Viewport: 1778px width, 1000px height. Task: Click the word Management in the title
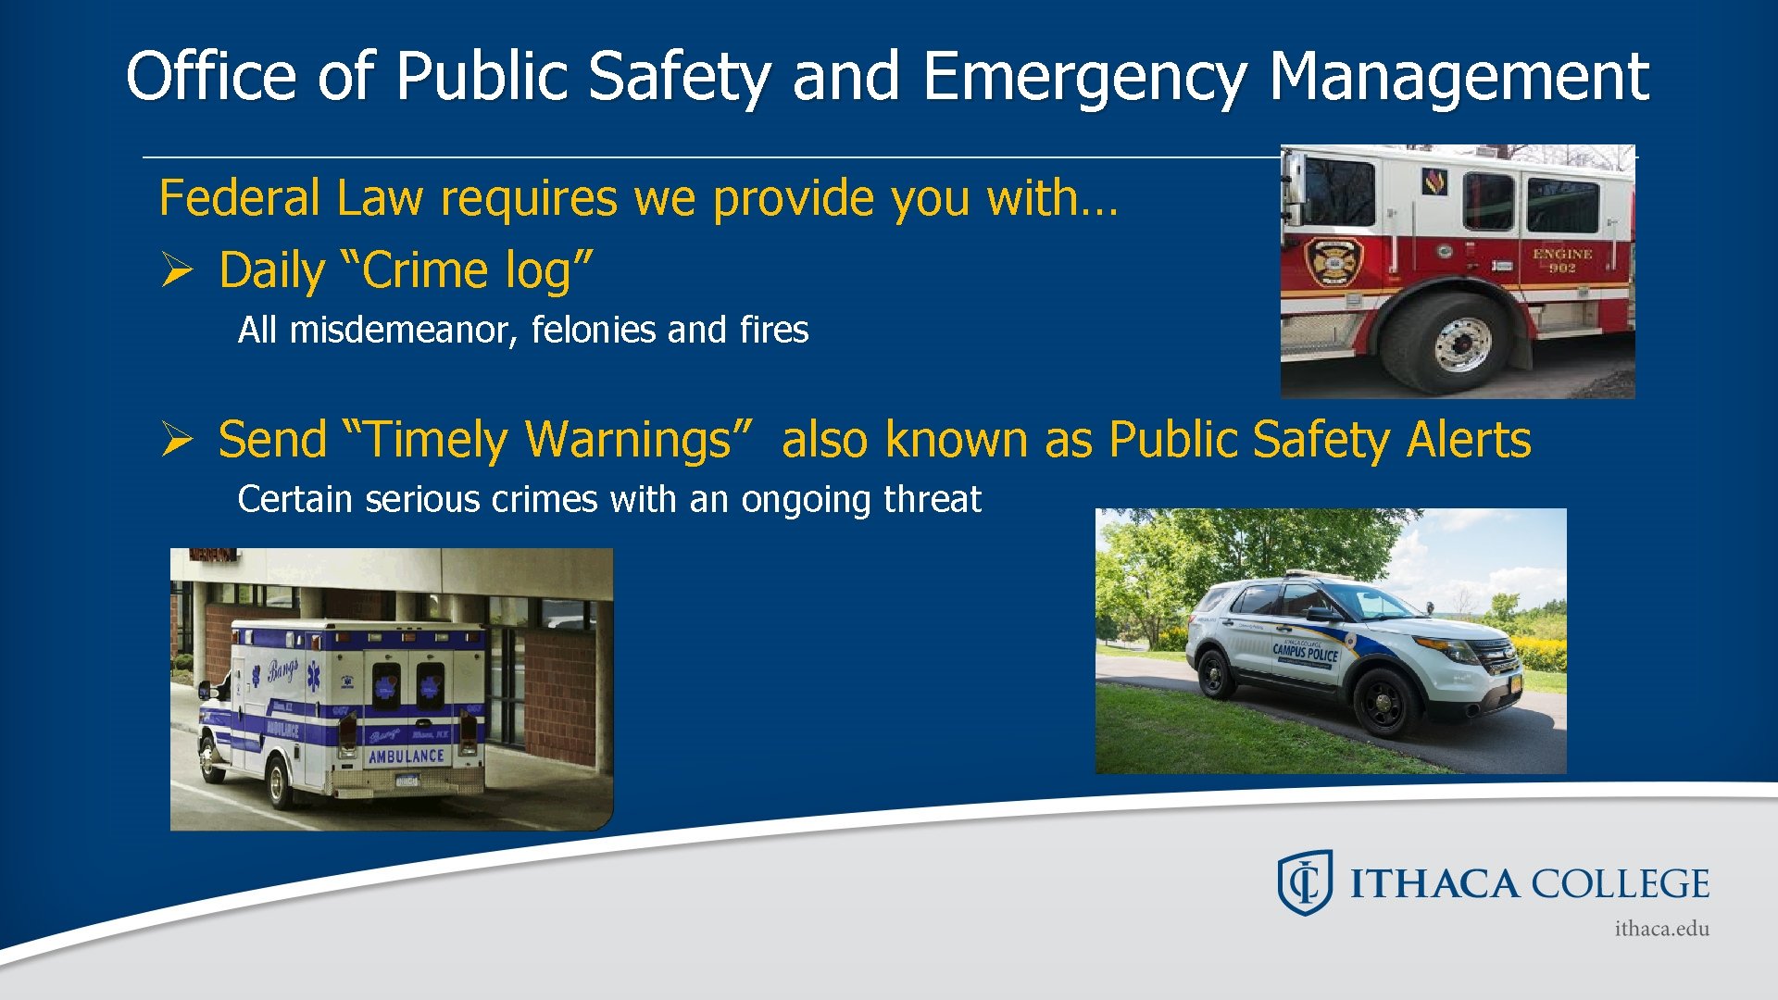(1459, 76)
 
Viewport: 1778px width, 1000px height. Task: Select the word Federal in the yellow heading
(239, 198)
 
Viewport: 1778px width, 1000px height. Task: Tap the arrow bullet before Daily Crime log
(176, 270)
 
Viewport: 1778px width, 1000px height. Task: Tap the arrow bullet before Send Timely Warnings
(176, 439)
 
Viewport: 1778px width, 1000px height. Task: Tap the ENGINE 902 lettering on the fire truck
(1562, 260)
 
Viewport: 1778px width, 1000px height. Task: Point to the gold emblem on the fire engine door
(1334, 262)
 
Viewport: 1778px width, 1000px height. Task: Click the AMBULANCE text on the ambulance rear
(407, 756)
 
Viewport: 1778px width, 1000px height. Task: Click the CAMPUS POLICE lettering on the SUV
(1305, 651)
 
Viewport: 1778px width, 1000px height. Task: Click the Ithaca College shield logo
(1305, 882)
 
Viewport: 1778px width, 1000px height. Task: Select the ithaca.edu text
(1661, 929)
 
